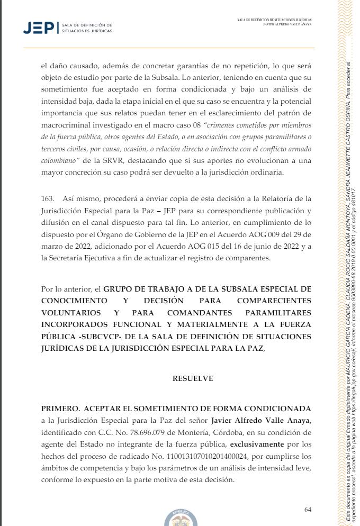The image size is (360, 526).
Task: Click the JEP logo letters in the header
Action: tap(39, 28)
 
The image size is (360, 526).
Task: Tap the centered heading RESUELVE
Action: tap(192, 378)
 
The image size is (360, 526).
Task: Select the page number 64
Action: tap(308, 509)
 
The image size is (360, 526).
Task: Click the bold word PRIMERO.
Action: tap(58, 409)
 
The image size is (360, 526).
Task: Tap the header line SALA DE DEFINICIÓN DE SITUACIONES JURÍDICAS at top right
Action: tap(274, 20)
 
